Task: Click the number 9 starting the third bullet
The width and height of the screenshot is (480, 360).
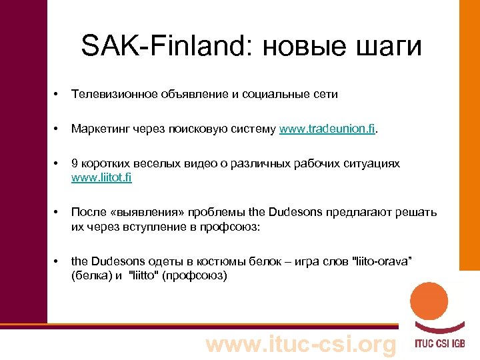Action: coord(75,164)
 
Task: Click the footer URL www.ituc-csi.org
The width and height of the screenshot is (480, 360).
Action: coord(300,345)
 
